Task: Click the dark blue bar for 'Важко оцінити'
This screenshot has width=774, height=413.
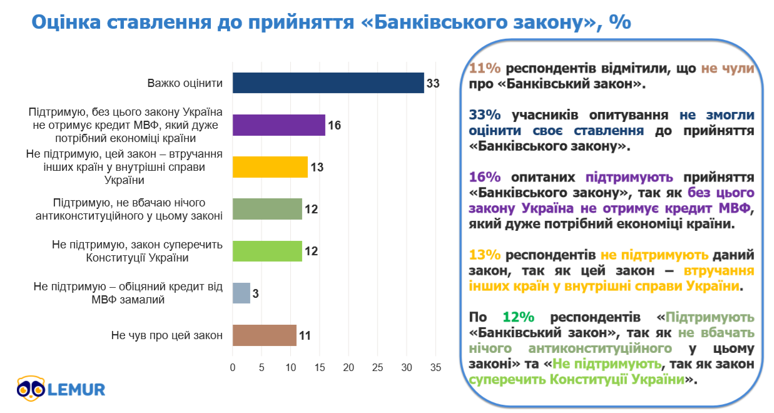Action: click(x=328, y=83)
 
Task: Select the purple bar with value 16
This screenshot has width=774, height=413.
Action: click(x=278, y=125)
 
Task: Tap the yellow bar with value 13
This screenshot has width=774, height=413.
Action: click(x=270, y=167)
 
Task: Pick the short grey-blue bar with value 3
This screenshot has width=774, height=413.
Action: click(x=241, y=293)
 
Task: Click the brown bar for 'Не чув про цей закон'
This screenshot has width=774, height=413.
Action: click(x=264, y=335)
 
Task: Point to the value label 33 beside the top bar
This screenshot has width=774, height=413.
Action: click(x=433, y=83)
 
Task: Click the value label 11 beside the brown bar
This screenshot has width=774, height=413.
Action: click(x=305, y=335)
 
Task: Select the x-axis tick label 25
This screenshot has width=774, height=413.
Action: click(x=377, y=367)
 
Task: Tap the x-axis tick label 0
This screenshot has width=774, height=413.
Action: click(x=233, y=367)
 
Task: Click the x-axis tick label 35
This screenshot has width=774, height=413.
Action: click(x=435, y=367)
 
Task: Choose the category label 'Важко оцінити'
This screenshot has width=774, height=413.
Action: click(x=185, y=83)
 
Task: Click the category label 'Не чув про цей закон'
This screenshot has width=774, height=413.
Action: click(x=167, y=335)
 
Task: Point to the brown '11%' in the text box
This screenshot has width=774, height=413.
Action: click(x=484, y=68)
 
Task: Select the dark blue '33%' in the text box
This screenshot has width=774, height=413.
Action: click(x=484, y=115)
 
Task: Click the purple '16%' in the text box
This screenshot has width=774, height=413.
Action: click(x=484, y=177)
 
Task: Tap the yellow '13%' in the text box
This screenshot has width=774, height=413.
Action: click(x=484, y=255)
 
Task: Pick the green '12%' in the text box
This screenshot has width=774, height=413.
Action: click(x=517, y=317)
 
